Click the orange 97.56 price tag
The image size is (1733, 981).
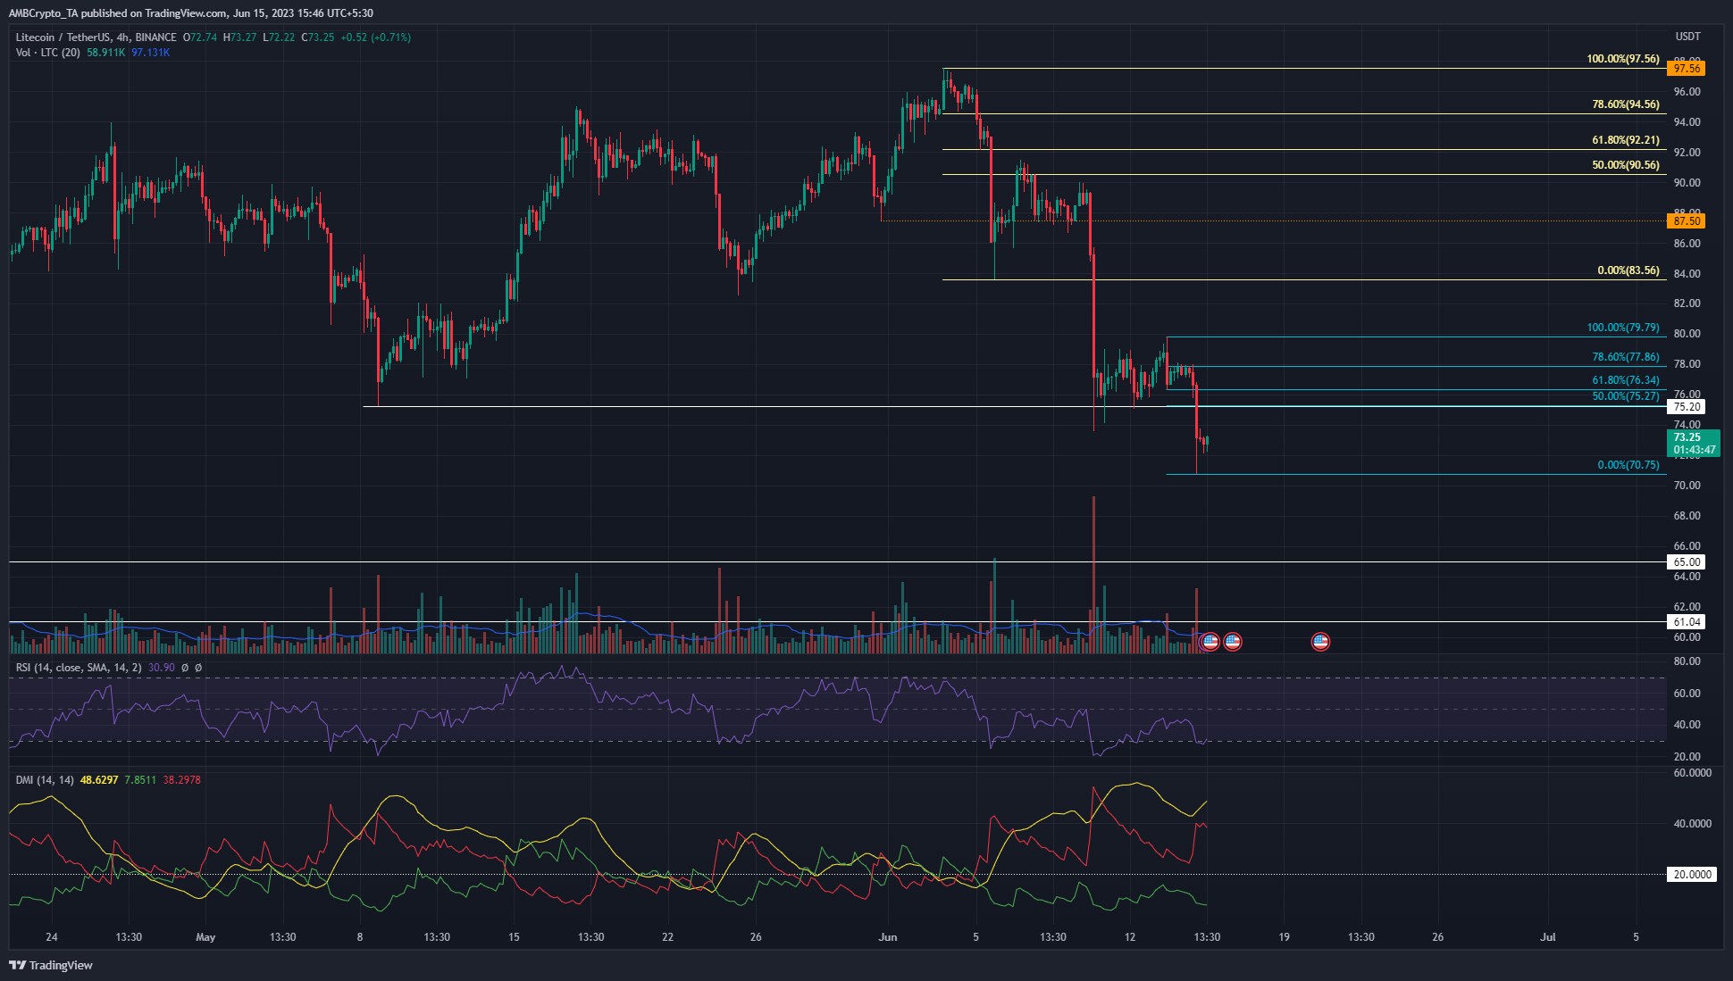(x=1686, y=69)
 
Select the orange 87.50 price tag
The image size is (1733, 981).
(x=1686, y=220)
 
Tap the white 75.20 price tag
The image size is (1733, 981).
(x=1686, y=407)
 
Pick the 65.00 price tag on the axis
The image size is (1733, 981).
(x=1686, y=562)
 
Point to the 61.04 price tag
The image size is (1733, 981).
(x=1686, y=622)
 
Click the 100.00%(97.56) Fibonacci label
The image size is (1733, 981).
(x=1622, y=59)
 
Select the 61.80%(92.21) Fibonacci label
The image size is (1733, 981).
(x=1625, y=140)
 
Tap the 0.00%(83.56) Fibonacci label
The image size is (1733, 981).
(x=1628, y=270)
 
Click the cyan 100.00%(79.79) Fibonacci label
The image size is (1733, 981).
(x=1622, y=328)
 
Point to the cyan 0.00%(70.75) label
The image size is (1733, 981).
(x=1628, y=465)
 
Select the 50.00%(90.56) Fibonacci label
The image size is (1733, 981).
(x=1625, y=165)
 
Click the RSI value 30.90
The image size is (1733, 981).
(x=162, y=668)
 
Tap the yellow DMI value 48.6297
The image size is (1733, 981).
(x=99, y=780)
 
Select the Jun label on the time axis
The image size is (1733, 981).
(x=887, y=937)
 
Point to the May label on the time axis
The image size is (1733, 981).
(x=205, y=937)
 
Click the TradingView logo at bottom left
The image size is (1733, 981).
(x=51, y=965)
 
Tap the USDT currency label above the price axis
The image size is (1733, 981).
(x=1687, y=37)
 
